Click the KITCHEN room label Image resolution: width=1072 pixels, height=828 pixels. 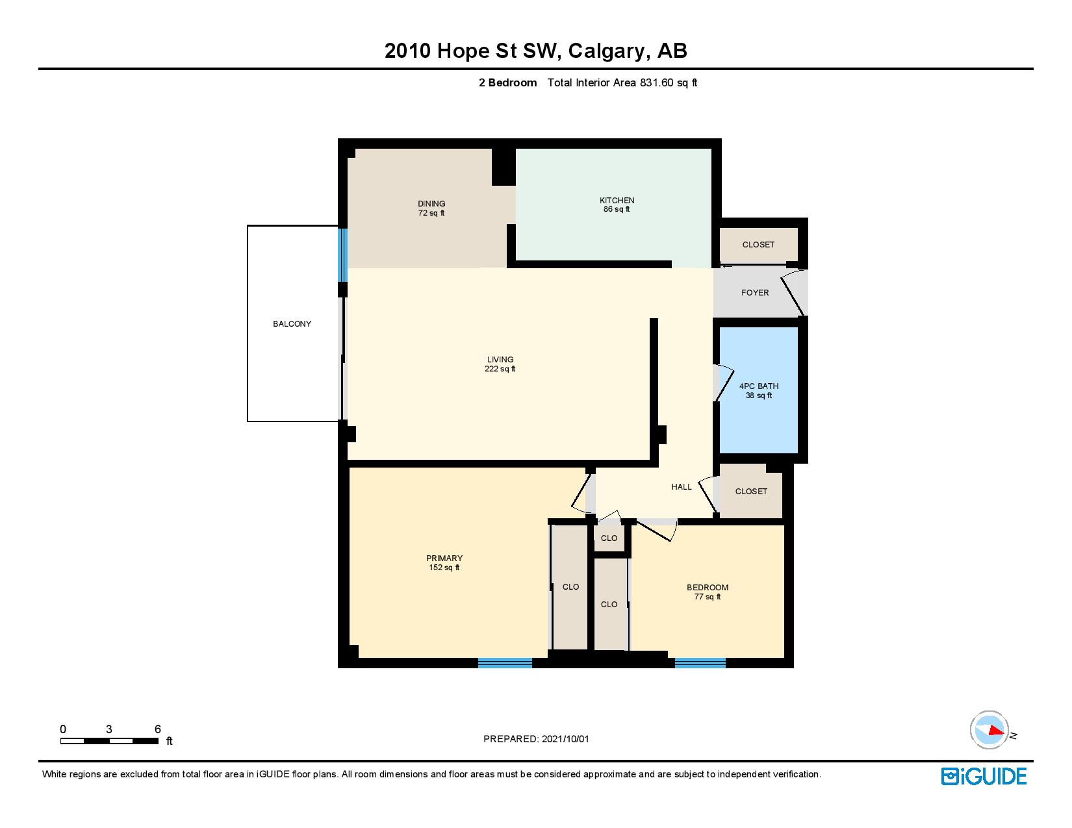tap(617, 200)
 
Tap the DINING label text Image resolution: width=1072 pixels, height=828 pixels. tap(431, 204)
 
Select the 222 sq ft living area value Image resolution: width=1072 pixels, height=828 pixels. tap(500, 369)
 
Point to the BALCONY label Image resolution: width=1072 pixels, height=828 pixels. tap(292, 324)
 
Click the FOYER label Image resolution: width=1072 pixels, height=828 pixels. tap(755, 293)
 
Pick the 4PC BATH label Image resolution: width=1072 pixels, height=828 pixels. tap(759, 386)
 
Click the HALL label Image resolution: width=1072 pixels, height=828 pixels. tap(682, 487)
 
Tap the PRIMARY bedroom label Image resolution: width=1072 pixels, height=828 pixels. tap(444, 558)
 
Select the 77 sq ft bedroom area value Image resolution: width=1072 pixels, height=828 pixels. tap(708, 597)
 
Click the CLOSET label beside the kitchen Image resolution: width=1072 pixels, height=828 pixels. tap(758, 245)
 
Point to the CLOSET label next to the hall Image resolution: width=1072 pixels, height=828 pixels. tap(751, 491)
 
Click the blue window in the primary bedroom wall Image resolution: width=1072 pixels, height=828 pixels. tap(505, 663)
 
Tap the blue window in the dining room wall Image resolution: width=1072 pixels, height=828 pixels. tap(342, 255)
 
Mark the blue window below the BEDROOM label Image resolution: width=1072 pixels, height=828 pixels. tap(700, 663)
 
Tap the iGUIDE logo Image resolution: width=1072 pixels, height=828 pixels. tap(983, 776)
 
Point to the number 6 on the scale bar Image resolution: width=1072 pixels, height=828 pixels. tap(157, 729)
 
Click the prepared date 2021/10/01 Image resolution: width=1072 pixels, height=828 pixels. tap(565, 739)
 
